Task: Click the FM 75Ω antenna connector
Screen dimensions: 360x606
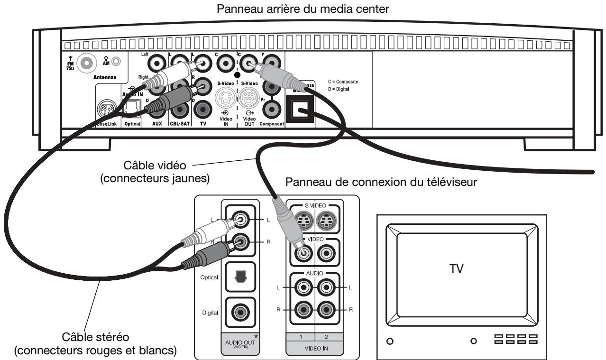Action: coord(85,63)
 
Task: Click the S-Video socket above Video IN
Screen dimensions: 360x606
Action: coord(224,100)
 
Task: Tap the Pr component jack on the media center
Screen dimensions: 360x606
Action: coord(271,109)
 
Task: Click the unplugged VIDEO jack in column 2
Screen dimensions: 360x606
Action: coord(326,253)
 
